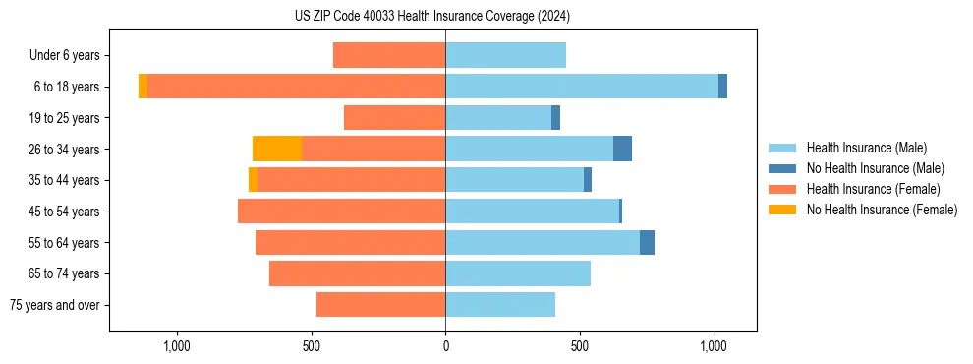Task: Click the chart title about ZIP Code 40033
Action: click(x=432, y=16)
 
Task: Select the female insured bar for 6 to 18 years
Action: click(x=296, y=87)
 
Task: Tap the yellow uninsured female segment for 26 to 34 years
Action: click(x=277, y=149)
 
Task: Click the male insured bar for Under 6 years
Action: click(x=505, y=55)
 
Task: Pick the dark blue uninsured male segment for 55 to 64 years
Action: click(x=647, y=242)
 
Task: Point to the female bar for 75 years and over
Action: click(x=380, y=305)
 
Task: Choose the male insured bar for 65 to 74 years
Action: click(x=518, y=273)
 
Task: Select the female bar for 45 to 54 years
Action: click(x=341, y=212)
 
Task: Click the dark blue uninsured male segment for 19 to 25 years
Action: click(x=555, y=118)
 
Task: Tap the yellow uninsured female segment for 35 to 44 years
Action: click(x=253, y=180)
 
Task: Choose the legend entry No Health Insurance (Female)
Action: click(x=882, y=210)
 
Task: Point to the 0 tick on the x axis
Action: click(x=445, y=346)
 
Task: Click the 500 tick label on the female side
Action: click(x=311, y=346)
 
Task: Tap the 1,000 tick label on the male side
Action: click(x=714, y=346)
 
